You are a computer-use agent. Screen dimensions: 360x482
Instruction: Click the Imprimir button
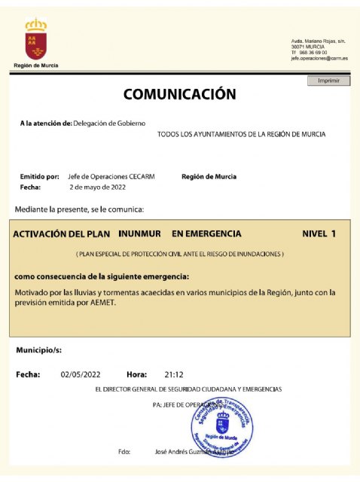328,81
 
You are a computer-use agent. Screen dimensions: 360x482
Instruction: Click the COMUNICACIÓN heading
179,95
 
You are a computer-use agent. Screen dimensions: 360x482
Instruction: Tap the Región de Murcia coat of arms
35,41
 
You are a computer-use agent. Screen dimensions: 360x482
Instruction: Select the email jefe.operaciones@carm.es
319,58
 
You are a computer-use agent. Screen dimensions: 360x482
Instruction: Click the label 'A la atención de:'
46,122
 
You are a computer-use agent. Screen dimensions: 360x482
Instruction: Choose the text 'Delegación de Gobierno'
109,122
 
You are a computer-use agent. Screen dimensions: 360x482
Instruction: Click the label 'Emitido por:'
39,176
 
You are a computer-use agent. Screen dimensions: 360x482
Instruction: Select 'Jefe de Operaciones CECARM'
100,176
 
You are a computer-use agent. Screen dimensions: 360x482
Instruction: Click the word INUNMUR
141,233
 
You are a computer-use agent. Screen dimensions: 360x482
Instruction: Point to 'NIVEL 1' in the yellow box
319,233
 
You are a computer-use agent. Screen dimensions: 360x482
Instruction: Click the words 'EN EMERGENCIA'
206,233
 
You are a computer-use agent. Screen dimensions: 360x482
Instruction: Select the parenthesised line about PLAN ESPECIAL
179,255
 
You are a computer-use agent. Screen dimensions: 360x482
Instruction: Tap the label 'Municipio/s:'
38,351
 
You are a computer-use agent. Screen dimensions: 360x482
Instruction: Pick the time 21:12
174,374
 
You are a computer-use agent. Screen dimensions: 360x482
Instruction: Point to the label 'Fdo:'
125,452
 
